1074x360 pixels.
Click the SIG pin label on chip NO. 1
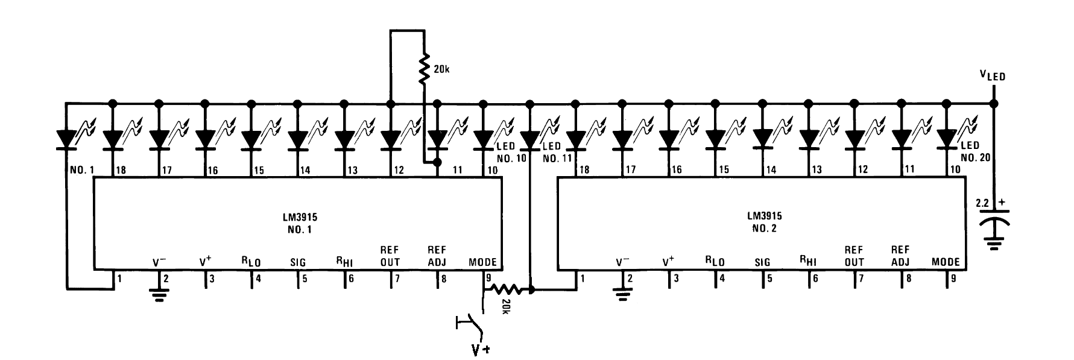pyautogui.click(x=297, y=262)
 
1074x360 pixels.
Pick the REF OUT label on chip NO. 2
pyautogui.click(x=854, y=256)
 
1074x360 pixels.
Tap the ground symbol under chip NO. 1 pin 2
pyautogui.click(x=159, y=295)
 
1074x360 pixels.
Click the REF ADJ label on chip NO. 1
pyautogui.click(x=435, y=256)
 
